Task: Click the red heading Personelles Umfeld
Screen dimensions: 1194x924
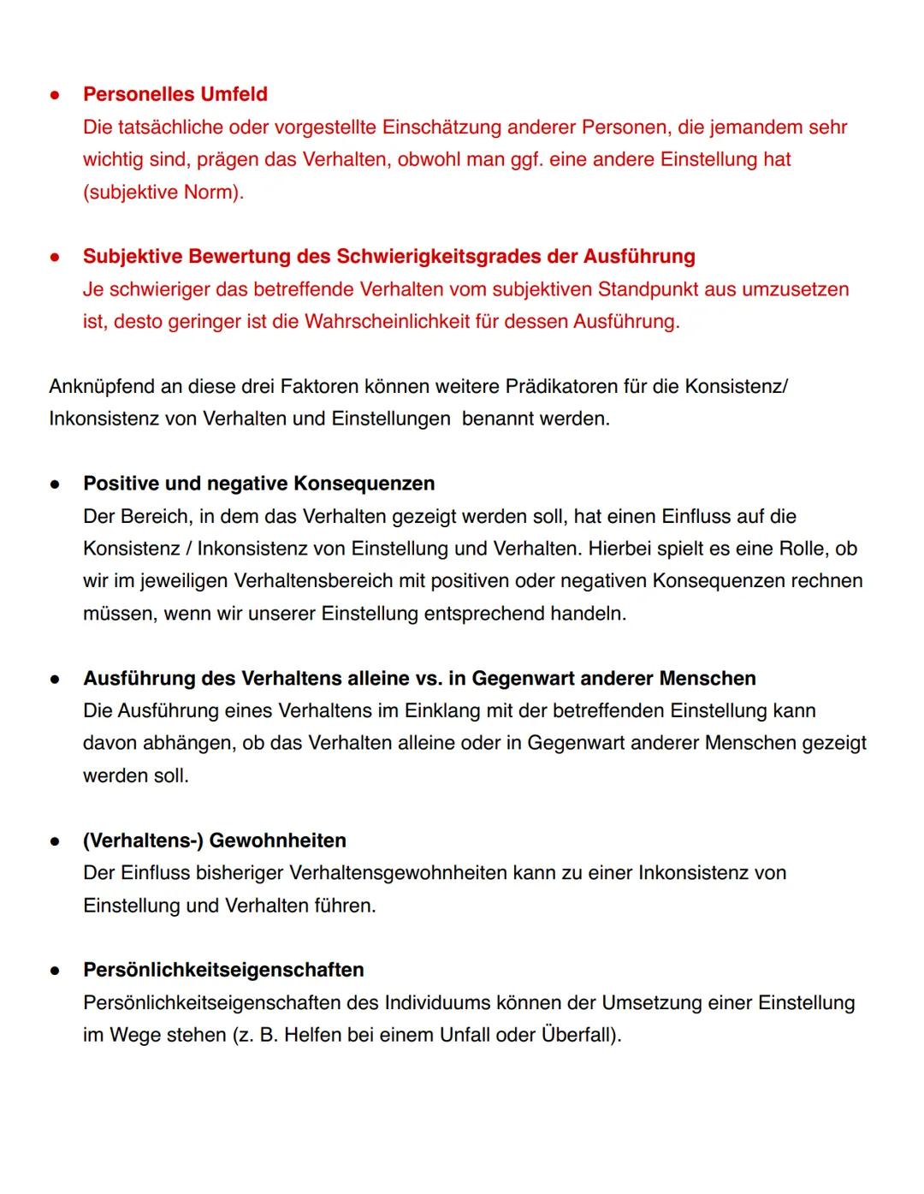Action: click(x=175, y=94)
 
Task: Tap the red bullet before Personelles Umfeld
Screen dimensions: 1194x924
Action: click(x=54, y=95)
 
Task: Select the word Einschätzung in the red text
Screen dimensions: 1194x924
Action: click(x=441, y=127)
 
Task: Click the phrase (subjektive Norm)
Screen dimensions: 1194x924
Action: click(x=163, y=192)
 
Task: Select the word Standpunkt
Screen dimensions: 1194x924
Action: click(x=648, y=288)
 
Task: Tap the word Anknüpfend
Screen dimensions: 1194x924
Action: click(x=101, y=386)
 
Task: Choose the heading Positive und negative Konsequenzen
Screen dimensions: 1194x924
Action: click(x=258, y=484)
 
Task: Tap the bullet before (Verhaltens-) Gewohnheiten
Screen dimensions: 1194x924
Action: click(x=54, y=841)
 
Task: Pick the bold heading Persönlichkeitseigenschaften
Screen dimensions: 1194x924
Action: click(x=223, y=970)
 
